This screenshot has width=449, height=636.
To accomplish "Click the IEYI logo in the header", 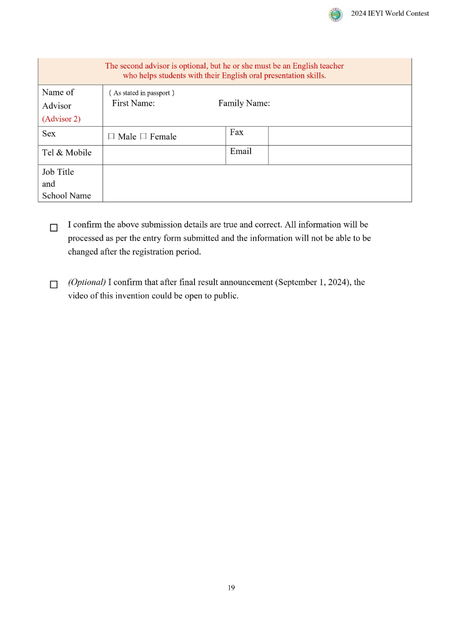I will pyautogui.click(x=335, y=14).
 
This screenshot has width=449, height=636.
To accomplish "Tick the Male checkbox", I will pyautogui.click(x=111, y=137).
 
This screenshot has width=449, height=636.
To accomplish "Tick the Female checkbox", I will pyautogui.click(x=143, y=137).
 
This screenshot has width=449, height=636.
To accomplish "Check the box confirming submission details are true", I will pyautogui.click(x=54, y=228).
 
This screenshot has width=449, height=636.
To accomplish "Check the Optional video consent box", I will pyautogui.click(x=54, y=285).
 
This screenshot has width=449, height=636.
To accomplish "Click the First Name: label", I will pyautogui.click(x=133, y=103).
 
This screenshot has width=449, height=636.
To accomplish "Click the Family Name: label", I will pyautogui.click(x=244, y=103).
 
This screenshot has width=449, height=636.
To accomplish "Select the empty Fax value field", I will pyautogui.click(x=339, y=136).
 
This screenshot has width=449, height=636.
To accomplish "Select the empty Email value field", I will pyautogui.click(x=339, y=155).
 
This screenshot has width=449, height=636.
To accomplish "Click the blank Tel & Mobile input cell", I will pyautogui.click(x=164, y=155).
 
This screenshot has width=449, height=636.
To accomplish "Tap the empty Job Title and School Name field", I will pyautogui.click(x=257, y=183).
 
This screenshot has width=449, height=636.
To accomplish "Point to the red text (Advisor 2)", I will pyautogui.click(x=61, y=119).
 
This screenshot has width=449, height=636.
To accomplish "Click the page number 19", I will pyautogui.click(x=231, y=588).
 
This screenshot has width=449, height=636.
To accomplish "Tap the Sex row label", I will pyautogui.click(x=49, y=134).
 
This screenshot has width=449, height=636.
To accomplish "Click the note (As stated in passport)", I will pyautogui.click(x=142, y=93).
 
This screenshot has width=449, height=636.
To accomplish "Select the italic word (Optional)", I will pyautogui.click(x=87, y=282).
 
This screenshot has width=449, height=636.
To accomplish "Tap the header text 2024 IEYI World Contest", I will pyautogui.click(x=390, y=14).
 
